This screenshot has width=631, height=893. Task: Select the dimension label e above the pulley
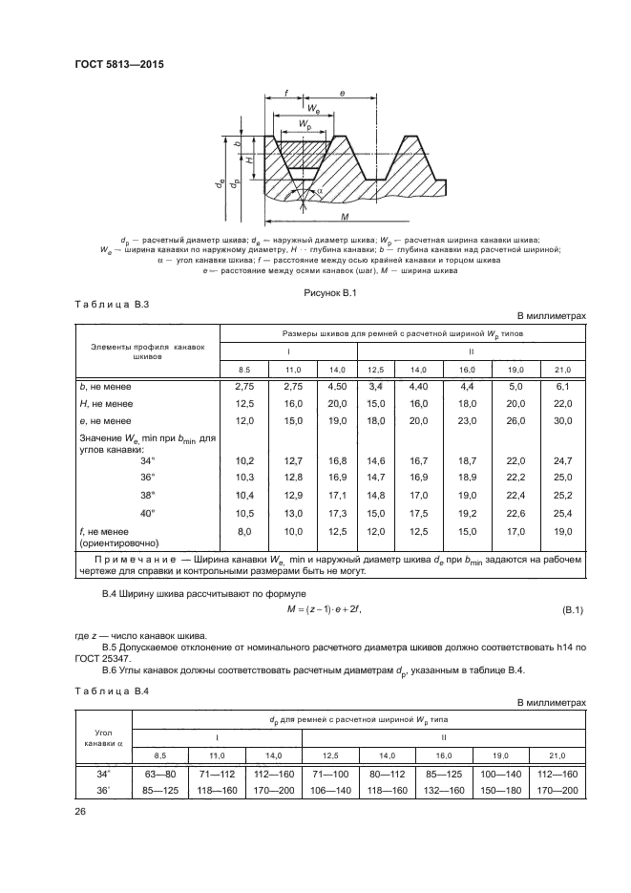click(342, 95)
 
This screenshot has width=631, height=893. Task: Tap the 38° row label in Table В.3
click(147, 496)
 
